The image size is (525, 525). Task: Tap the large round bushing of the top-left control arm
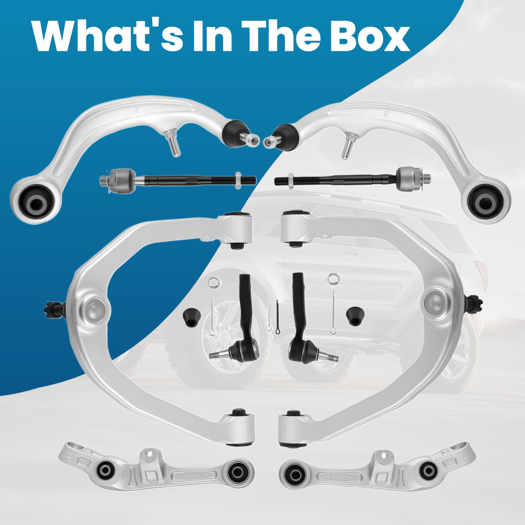point(36,202)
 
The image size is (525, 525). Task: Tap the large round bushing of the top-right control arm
point(485,202)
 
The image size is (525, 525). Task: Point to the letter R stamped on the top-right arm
point(386,114)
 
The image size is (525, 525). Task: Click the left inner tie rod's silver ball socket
point(122,181)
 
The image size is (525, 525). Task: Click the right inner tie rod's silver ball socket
point(409,179)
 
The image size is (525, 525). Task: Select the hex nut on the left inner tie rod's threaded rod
point(238,181)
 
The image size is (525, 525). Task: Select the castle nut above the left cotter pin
point(214,282)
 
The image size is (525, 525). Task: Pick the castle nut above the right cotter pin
point(333,279)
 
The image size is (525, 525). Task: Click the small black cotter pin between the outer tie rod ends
point(277,318)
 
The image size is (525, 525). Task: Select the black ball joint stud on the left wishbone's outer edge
point(54,309)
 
